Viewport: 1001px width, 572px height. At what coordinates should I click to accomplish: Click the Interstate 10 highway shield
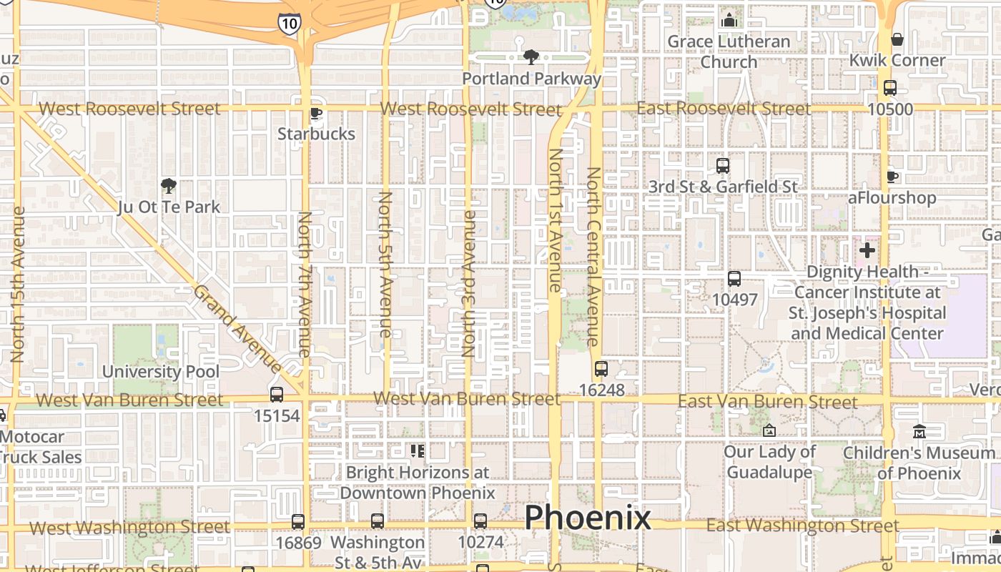(x=290, y=24)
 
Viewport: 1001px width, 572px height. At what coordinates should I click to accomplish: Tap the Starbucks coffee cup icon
(x=315, y=113)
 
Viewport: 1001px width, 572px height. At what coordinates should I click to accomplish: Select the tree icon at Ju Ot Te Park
(x=169, y=187)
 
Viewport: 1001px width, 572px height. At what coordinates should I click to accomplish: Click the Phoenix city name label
(x=588, y=518)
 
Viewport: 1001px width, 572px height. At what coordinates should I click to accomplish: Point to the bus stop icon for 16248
(x=601, y=369)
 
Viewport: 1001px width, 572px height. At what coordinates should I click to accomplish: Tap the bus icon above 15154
(x=277, y=394)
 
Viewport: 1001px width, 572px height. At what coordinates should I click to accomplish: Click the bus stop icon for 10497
(x=734, y=279)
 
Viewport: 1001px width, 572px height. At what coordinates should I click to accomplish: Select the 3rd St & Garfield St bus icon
(x=723, y=166)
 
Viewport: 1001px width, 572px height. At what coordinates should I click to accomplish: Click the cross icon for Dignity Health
(x=867, y=250)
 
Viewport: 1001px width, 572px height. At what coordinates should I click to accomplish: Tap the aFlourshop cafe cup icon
(x=892, y=177)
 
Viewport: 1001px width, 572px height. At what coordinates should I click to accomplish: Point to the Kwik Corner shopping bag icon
(x=897, y=39)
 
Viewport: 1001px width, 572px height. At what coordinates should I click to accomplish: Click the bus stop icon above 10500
(x=890, y=88)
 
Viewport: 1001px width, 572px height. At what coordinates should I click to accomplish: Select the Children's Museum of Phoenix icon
(x=919, y=432)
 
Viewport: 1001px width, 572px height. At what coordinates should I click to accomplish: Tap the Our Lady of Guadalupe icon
(x=769, y=430)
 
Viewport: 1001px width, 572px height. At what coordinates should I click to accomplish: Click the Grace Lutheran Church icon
(x=729, y=20)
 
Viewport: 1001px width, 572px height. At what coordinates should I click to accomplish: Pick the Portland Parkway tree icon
(x=531, y=57)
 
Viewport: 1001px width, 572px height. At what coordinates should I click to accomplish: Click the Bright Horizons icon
(x=418, y=450)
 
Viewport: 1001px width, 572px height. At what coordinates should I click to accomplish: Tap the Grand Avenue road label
(x=237, y=328)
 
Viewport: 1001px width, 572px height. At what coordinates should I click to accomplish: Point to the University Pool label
(x=161, y=372)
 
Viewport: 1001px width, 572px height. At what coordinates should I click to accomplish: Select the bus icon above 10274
(x=480, y=521)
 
